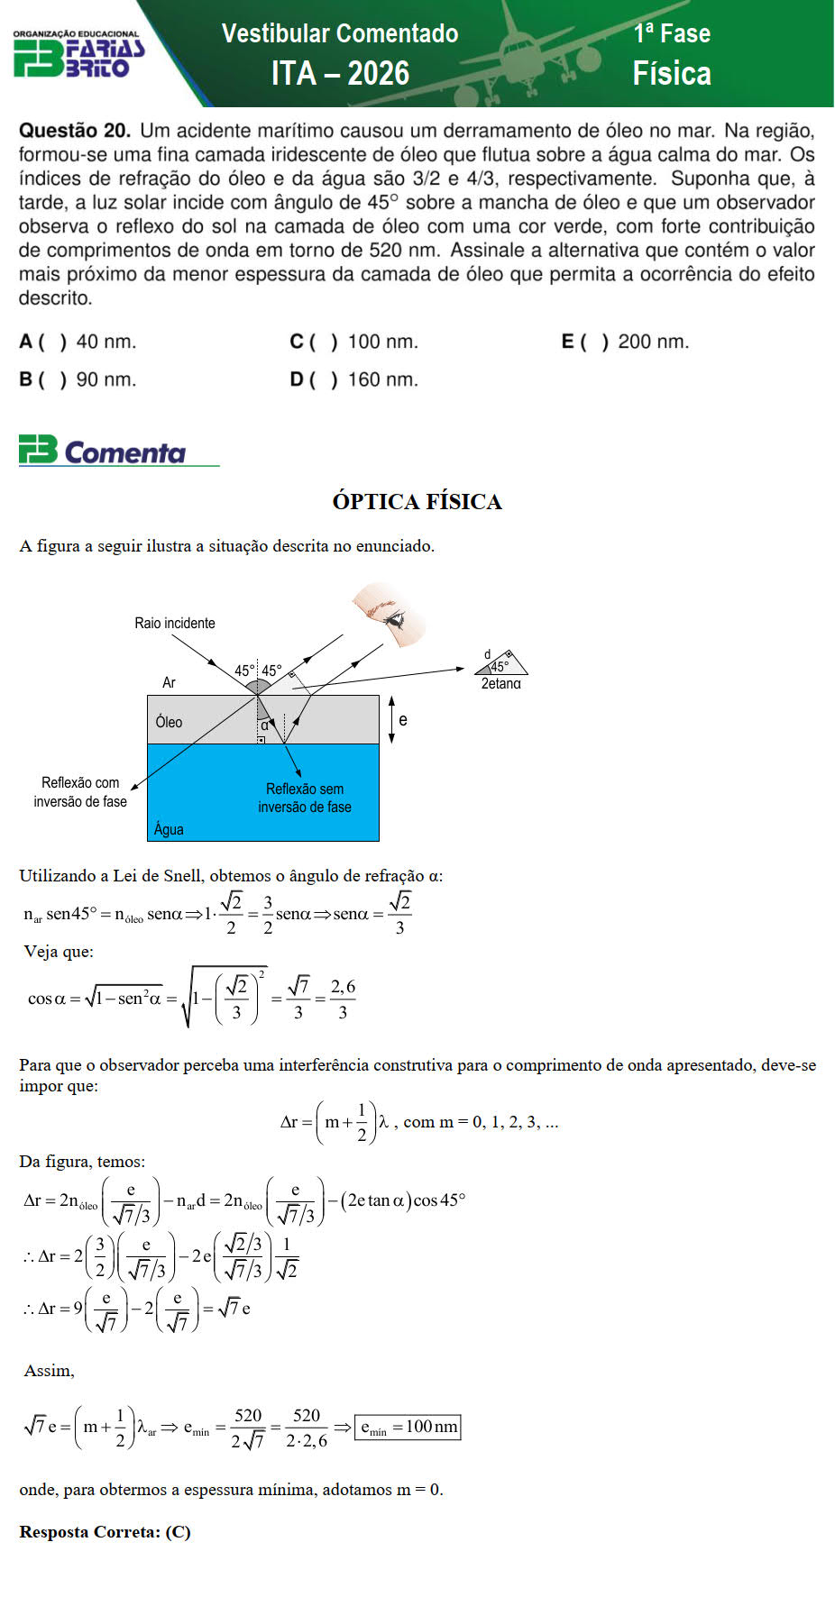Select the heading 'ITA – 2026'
pos(340,73)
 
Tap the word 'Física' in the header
pos(671,73)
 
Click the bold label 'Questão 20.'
pos(75,131)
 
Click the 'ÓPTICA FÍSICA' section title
pos(417,502)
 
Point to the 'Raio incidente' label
pos(175,623)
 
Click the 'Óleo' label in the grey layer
pos(169,722)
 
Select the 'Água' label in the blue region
pos(169,829)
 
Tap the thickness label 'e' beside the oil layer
pos(402,720)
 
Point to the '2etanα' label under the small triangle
pos(500,684)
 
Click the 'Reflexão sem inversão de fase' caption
pos(305,798)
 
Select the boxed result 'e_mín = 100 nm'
pos(408,1427)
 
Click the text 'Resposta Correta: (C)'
pos(105,1532)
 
